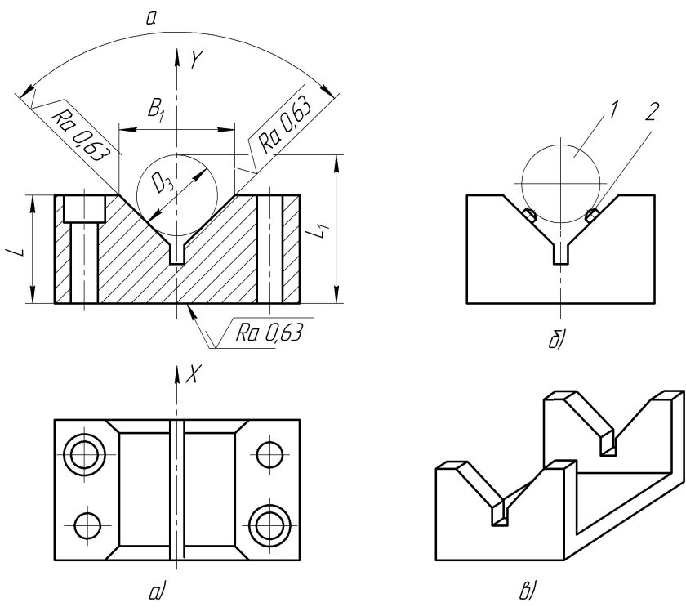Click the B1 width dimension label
click(x=156, y=110)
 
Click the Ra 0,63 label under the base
click(x=269, y=333)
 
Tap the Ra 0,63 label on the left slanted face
click(x=78, y=133)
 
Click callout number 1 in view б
click(x=613, y=109)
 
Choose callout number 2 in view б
click(x=651, y=112)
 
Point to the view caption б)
click(x=557, y=340)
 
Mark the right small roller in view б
click(x=592, y=215)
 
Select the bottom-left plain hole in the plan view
click(x=87, y=524)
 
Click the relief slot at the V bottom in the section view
click(x=176, y=254)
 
